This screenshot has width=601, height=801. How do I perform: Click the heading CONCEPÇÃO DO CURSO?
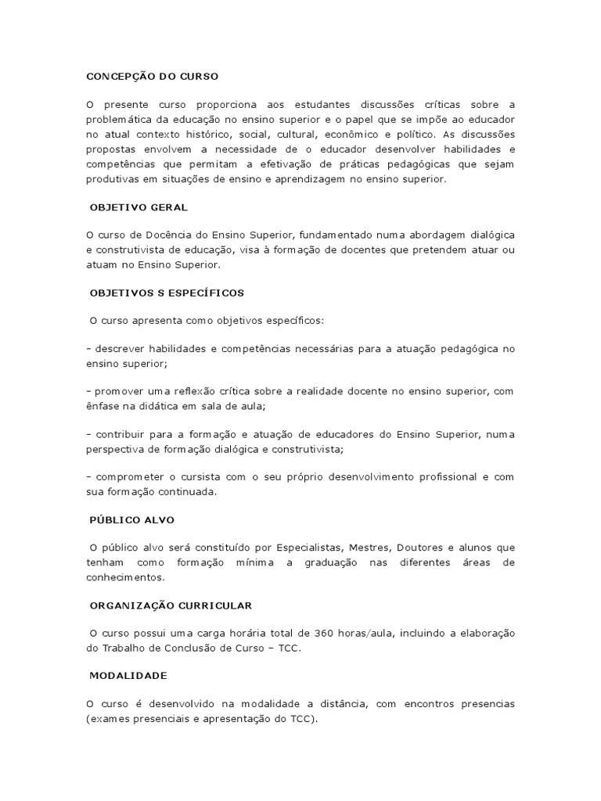(152, 77)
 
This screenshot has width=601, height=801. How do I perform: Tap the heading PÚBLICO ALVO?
(132, 519)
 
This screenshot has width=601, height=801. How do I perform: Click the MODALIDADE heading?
(128, 675)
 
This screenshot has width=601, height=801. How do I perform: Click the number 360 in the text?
(323, 633)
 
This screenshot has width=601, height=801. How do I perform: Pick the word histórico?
(234, 134)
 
